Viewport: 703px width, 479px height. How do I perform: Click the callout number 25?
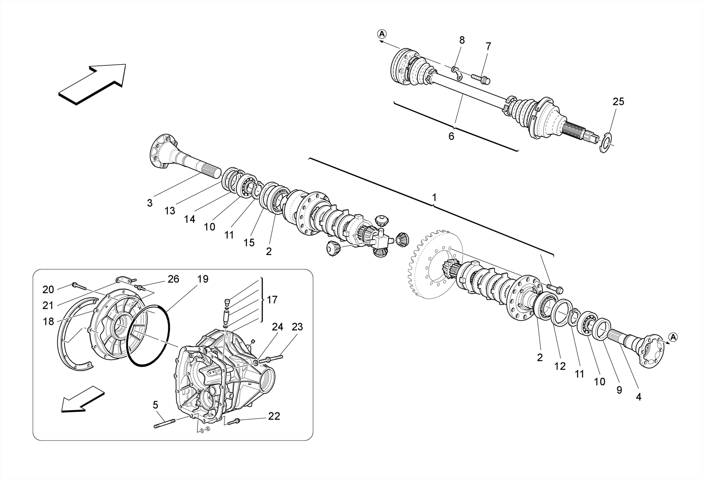[x=618, y=102]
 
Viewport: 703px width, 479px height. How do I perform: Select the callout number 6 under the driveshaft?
[x=451, y=136]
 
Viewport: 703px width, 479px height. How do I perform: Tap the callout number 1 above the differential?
[x=434, y=198]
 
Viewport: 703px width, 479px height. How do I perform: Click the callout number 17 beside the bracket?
[x=272, y=300]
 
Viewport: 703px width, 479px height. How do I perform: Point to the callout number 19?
[x=203, y=279]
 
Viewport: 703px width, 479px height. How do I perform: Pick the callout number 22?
[x=274, y=416]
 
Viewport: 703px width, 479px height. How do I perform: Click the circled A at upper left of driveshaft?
[x=382, y=34]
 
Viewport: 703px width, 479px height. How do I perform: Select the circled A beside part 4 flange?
[x=673, y=337]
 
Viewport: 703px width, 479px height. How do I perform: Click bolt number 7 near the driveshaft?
[x=481, y=79]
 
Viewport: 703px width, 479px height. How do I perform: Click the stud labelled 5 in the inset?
[x=165, y=424]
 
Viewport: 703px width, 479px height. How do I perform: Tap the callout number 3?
[x=150, y=203]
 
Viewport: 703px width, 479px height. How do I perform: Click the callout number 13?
[x=170, y=211]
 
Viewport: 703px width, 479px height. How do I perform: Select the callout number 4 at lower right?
[x=638, y=397]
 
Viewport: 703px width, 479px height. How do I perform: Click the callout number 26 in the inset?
[x=173, y=279]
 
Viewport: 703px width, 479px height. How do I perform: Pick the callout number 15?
[x=249, y=243]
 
